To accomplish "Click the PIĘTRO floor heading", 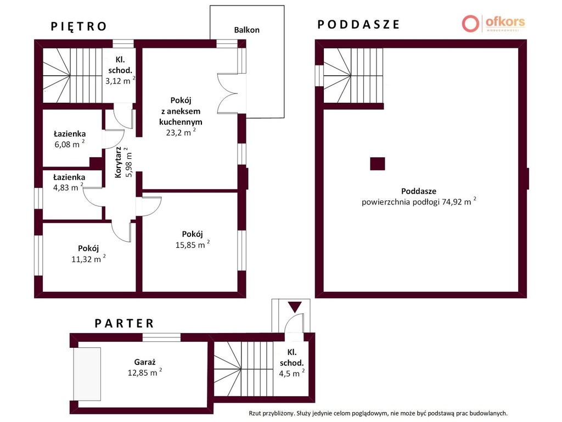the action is [79, 26].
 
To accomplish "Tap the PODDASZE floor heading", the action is [358, 24].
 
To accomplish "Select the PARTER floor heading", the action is [125, 323].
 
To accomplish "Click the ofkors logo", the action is [493, 24].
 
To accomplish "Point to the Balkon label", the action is [246, 30].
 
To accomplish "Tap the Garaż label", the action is [145, 363].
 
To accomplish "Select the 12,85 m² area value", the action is [145, 373].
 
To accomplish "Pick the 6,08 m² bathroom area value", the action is [70, 145].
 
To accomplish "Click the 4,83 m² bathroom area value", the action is [68, 187].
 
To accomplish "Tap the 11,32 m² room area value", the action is [88, 259].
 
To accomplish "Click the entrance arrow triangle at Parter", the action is [295, 307].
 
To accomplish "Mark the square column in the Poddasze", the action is [378, 164].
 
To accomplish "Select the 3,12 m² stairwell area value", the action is [120, 81].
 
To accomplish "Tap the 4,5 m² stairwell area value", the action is [292, 374].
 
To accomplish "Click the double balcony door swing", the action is [227, 94].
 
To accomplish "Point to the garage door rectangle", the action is [87, 374].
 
